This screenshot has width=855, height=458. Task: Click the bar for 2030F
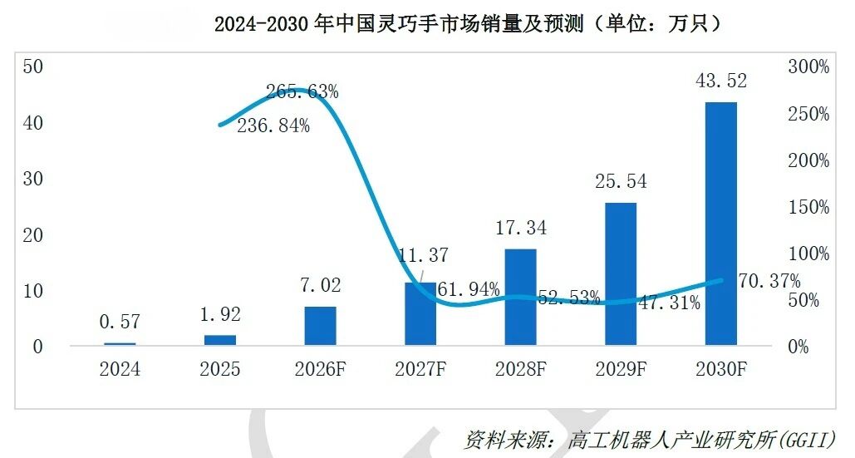tap(721, 224)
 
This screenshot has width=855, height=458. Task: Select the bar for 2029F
tap(621, 273)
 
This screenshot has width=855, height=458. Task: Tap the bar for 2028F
tap(521, 297)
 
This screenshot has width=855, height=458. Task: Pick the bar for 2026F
tap(320, 326)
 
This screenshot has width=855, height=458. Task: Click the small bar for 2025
tap(220, 340)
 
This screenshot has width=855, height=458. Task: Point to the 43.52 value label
tap(721, 81)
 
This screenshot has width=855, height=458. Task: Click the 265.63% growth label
tap(302, 91)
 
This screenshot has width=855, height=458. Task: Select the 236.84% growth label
tap(273, 126)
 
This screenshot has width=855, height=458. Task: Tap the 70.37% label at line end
tap(769, 281)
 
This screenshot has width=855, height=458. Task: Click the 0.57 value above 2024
tap(120, 322)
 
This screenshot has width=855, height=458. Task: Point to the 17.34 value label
tap(521, 228)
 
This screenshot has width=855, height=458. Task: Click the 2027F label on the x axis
tap(420, 369)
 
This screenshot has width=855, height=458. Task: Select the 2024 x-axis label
tap(120, 369)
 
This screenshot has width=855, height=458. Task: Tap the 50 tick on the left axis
tap(32, 66)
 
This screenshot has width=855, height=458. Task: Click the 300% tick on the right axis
tap(808, 66)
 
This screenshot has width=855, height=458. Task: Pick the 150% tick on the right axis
tap(808, 207)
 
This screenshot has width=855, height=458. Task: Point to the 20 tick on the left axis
tap(32, 235)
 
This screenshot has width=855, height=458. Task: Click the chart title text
tap(467, 23)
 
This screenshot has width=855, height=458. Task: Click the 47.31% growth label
tap(669, 303)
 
